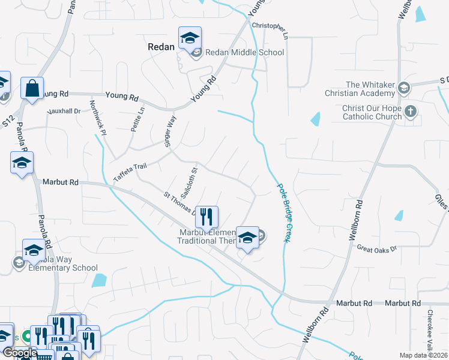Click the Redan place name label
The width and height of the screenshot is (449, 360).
pyautogui.click(x=161, y=46)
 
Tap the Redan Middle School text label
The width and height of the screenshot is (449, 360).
pyautogui.click(x=244, y=53)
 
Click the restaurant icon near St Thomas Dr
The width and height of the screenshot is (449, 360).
pyautogui.click(x=206, y=218)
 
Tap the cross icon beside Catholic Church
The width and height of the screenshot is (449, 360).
pyautogui.click(x=411, y=111)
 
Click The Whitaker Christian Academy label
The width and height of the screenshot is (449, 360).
pyautogui.click(x=369, y=89)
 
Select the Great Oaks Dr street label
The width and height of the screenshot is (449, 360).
pyautogui.click(x=377, y=248)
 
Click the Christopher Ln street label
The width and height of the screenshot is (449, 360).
pyautogui.click(x=270, y=27)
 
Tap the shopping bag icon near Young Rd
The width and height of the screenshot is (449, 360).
pyautogui.click(x=32, y=88)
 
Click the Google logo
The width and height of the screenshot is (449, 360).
pyautogui.click(x=19, y=353)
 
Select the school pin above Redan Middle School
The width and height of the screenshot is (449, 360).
pyautogui.click(x=190, y=39)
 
